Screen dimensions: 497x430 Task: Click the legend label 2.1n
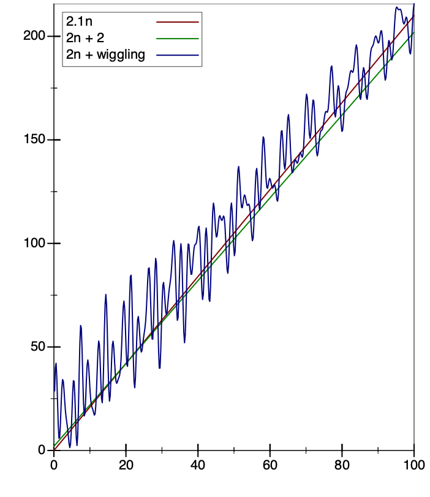pyautogui.click(x=79, y=23)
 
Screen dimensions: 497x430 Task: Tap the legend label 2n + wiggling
pyautogui.click(x=105, y=55)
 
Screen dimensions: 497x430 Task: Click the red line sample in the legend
pyautogui.click(x=178, y=22)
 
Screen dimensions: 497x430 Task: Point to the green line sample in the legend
pyautogui.click(x=178, y=39)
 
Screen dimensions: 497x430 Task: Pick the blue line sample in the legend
pyautogui.click(x=178, y=55)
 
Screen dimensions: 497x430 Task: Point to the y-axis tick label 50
pyautogui.click(x=37, y=346)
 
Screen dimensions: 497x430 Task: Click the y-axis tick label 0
pyautogui.click(x=42, y=450)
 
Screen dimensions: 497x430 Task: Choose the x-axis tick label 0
pyautogui.click(x=54, y=465)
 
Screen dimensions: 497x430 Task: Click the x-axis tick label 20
pyautogui.click(x=126, y=465)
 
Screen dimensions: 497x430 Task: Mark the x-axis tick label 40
pyautogui.click(x=198, y=465)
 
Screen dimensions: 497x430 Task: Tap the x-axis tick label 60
pyautogui.click(x=270, y=465)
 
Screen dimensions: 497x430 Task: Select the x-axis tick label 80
pyautogui.click(x=342, y=465)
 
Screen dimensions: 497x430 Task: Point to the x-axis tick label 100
pyautogui.click(x=414, y=465)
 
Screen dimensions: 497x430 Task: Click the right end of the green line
pyautogui.click(x=414, y=32)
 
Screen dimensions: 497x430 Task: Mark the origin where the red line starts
pyautogui.click(x=54, y=450)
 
